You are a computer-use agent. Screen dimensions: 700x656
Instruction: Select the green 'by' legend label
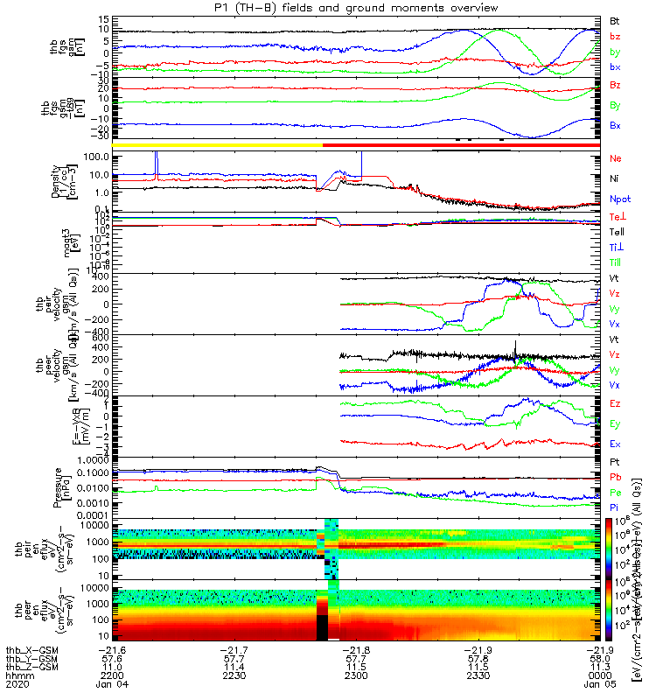(615, 52)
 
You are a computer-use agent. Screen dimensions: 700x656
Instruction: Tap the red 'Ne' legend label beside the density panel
(616, 158)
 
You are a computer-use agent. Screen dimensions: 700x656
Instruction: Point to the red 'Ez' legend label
(616, 403)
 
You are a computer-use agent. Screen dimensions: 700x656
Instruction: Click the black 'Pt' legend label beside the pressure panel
(615, 462)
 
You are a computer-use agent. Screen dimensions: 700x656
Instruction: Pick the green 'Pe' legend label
(616, 493)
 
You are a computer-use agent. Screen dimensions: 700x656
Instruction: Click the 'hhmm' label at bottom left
(16, 675)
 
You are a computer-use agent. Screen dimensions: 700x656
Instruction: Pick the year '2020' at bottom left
(16, 685)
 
